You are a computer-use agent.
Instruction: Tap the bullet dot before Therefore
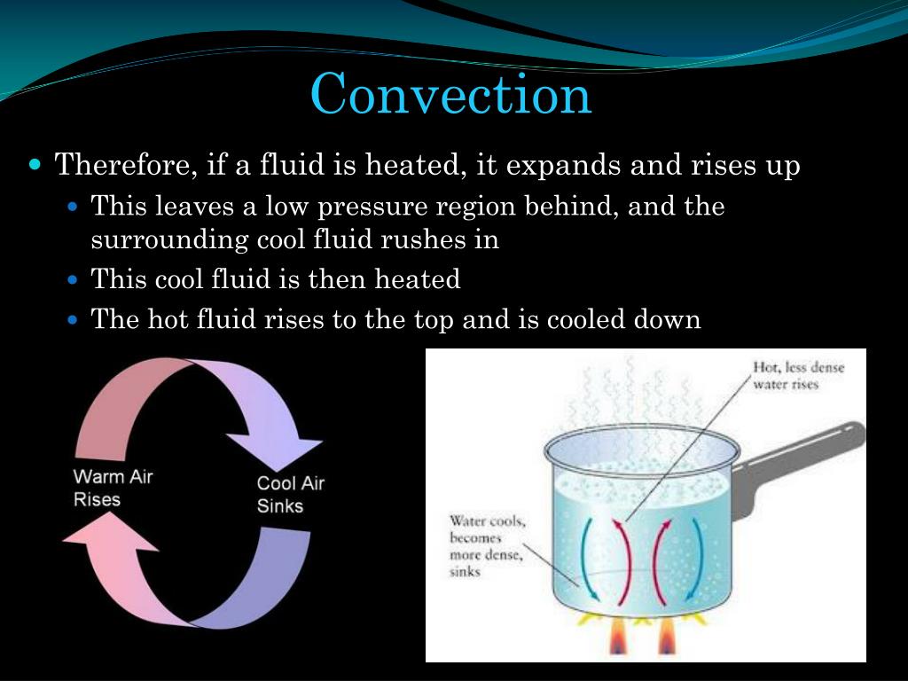35,165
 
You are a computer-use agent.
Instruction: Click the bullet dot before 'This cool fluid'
74,280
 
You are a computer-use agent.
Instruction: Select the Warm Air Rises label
113,488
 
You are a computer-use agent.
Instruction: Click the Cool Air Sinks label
290,495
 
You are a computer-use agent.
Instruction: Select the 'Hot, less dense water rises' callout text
797,375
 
